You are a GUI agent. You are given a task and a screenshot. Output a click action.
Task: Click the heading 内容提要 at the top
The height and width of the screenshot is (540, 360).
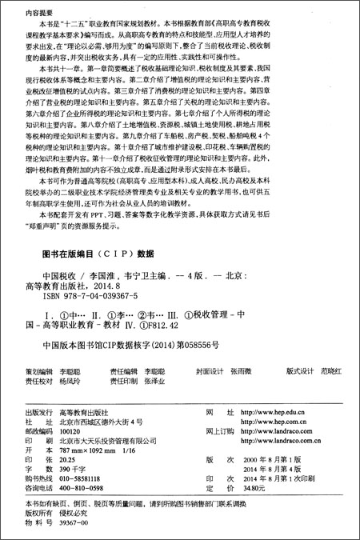click(32, 14)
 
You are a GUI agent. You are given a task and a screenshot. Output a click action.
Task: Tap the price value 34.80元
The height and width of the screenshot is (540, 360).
click(254, 487)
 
